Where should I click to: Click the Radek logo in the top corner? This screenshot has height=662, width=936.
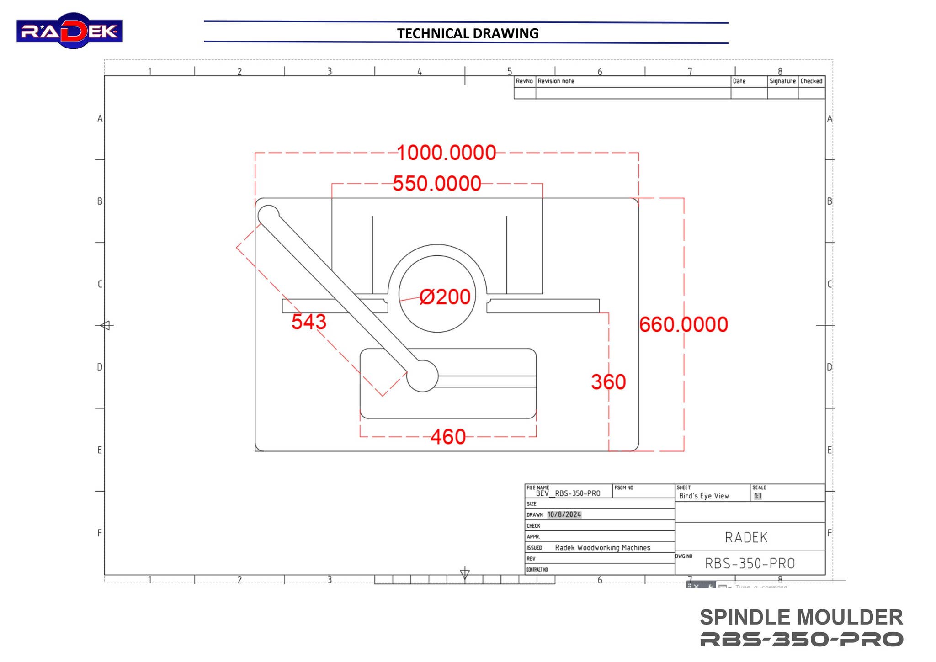tap(69, 31)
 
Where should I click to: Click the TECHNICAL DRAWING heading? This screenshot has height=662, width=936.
tap(467, 33)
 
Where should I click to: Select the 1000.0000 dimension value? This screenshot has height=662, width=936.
tap(446, 153)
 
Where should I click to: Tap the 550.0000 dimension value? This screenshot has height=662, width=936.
tap(437, 184)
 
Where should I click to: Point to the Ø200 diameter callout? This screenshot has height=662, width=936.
tap(445, 297)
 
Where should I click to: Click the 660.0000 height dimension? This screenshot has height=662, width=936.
tap(683, 324)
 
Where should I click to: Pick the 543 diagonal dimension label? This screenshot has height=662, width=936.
tap(309, 322)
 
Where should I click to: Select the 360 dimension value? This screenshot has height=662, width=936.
tap(608, 382)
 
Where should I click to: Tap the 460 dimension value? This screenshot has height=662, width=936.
tap(448, 437)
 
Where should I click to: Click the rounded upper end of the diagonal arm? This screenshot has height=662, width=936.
tap(269, 215)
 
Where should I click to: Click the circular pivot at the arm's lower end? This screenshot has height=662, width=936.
tap(422, 376)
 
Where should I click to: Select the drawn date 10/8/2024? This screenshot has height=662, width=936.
tap(564, 514)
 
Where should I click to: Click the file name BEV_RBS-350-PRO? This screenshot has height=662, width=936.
tap(568, 493)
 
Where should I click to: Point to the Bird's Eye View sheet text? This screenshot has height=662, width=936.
tap(703, 496)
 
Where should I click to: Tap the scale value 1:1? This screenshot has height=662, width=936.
tap(758, 496)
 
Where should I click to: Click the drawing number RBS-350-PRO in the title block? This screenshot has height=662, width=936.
tap(750, 563)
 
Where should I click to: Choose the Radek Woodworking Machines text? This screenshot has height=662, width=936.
tap(602, 547)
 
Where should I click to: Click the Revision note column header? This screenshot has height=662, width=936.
tap(556, 81)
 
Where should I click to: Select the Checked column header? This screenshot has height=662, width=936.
tap(811, 81)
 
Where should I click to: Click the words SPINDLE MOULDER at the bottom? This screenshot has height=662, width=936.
tap(801, 617)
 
